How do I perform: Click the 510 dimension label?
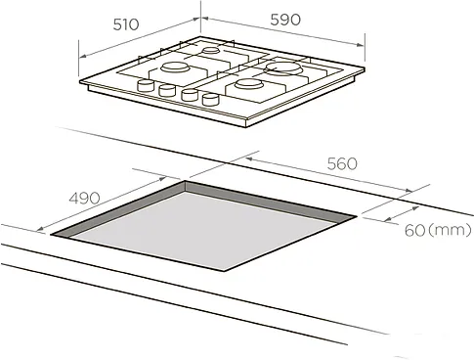click(x=126, y=24)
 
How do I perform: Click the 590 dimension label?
click(x=285, y=20)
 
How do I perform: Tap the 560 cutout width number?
click(x=342, y=163)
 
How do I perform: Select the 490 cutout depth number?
click(x=84, y=198)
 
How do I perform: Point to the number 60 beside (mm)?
click(x=414, y=231)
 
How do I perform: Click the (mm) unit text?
click(x=450, y=230)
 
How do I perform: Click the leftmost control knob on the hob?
click(x=146, y=85)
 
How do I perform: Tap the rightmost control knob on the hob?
click(x=210, y=99)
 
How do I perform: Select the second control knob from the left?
click(x=167, y=90)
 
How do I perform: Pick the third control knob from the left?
click(x=190, y=95)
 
